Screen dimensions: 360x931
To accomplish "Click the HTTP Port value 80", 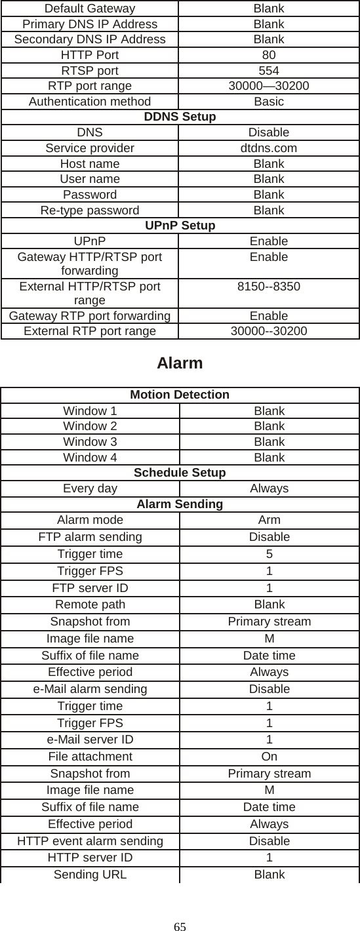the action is pyautogui.click(x=269, y=55).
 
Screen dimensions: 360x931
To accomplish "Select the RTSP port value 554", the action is pyautogui.click(x=269, y=71).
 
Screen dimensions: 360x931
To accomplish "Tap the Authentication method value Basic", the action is pyautogui.click(x=269, y=102).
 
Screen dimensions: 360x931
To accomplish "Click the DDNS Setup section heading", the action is pyautogui.click(x=180, y=117).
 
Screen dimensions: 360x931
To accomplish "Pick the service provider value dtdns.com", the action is pyautogui.click(x=269, y=148).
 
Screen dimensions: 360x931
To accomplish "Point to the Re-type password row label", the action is pyautogui.click(x=90, y=210).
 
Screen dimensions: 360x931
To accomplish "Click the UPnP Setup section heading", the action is pyautogui.click(x=180, y=226).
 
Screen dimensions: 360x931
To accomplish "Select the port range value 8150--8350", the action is pyautogui.click(x=269, y=288).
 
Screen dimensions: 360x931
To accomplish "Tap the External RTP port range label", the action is pyautogui.click(x=90, y=331).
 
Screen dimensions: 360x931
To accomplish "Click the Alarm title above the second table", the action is pyautogui.click(x=180, y=363).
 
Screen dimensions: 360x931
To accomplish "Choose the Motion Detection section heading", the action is pyautogui.click(x=180, y=395).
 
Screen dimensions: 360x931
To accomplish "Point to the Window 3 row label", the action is pyautogui.click(x=90, y=442).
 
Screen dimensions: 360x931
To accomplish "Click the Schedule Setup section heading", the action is pyautogui.click(x=180, y=473).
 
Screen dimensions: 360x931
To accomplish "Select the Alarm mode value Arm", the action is pyautogui.click(x=269, y=520).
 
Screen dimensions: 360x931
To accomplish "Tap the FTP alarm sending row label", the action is pyautogui.click(x=90, y=537).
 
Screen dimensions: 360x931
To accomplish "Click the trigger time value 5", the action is pyautogui.click(x=269, y=554).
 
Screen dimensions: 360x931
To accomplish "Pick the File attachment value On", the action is pyautogui.click(x=269, y=757).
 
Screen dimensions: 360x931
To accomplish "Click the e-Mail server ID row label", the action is pyautogui.click(x=90, y=740).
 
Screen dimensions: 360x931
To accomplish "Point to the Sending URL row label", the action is pyautogui.click(x=90, y=875).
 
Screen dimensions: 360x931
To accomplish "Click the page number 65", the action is pyautogui.click(x=180, y=926).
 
